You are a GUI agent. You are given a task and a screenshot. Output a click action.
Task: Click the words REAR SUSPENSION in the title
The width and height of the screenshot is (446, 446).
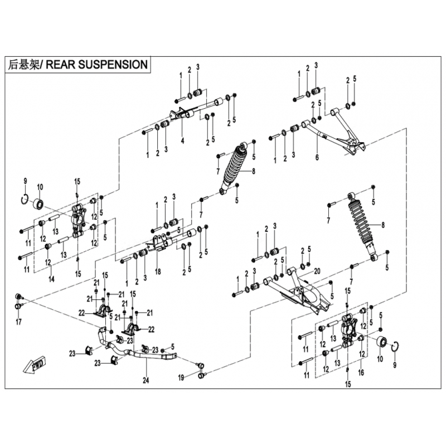(96, 65)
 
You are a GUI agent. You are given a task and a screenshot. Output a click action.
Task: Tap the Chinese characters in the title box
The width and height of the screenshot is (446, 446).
(24, 65)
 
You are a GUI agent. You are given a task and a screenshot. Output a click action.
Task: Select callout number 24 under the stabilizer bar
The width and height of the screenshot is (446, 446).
(146, 380)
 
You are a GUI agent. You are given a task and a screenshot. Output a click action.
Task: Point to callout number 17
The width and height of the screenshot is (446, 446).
(19, 322)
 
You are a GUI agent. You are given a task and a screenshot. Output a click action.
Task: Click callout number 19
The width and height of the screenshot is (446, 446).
(181, 378)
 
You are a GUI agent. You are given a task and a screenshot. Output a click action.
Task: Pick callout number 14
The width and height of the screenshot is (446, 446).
(51, 279)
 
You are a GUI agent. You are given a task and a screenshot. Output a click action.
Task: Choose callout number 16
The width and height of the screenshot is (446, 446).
(361, 372)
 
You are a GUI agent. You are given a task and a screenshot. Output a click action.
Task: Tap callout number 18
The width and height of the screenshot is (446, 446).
(158, 272)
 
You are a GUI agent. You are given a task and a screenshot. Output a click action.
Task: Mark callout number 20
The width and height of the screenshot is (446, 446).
(317, 271)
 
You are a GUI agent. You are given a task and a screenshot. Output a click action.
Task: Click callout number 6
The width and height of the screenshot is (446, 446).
(317, 157)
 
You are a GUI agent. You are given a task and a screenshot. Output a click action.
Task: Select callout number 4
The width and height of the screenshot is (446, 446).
(182, 140)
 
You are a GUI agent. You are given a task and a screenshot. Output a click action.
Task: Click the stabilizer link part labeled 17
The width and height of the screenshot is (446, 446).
(19, 301)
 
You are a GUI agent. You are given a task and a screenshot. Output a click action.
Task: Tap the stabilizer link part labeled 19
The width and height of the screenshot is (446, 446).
(201, 370)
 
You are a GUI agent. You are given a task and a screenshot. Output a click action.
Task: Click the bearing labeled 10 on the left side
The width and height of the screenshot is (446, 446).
(38, 203)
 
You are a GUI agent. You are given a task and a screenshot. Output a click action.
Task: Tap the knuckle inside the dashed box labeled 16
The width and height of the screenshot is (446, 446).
(349, 330)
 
